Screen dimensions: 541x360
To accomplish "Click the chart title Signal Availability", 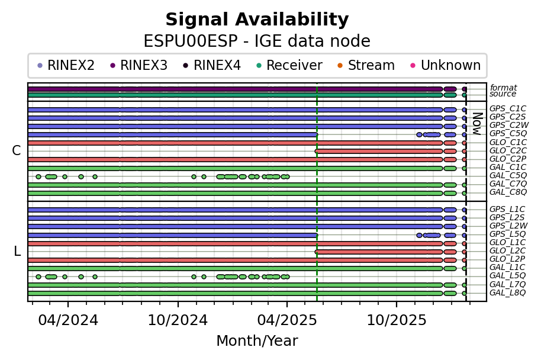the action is pos(257,20).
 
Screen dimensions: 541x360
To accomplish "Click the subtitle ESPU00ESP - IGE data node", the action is pos(257,41).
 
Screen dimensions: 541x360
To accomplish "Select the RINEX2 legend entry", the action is pos(66,65).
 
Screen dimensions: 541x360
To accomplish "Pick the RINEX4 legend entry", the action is pos(212,65).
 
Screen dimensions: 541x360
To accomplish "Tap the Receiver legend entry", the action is pos(290,65).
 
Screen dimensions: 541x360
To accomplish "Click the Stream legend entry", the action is pos(366,65).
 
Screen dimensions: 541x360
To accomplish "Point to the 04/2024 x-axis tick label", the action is pos(68,320).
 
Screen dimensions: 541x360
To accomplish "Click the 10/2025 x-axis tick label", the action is pos(397,320).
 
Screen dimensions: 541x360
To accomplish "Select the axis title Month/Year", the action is pos(257,341).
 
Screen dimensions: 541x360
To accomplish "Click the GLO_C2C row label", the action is pos(508,150).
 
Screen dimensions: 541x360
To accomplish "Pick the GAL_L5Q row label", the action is pos(507,275).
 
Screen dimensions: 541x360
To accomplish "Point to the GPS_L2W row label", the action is pos(508,226).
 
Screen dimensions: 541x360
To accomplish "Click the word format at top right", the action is pos(503,88).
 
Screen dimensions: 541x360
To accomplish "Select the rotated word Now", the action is pos(476,124).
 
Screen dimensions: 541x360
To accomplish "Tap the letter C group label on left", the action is pos(16,150).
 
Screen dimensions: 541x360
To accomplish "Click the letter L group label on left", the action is pos(17,251).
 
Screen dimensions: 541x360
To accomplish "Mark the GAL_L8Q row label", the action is pos(507,292).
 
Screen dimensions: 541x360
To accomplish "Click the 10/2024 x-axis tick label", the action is pos(178,320).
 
